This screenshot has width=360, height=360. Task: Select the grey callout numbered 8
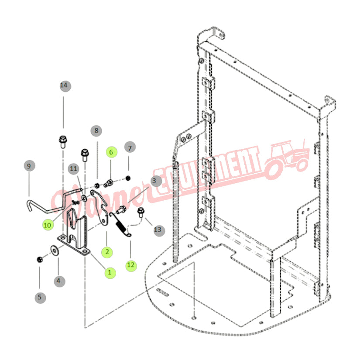[x=96, y=130]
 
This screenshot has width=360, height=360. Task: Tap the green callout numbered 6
[x=111, y=152]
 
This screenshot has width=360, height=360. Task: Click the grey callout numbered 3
[x=154, y=180]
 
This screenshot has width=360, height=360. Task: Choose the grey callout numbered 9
[x=29, y=166]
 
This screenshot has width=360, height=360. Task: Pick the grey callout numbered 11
[x=73, y=168]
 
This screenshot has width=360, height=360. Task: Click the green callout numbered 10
[x=48, y=225]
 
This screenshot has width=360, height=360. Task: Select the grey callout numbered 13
[x=157, y=229]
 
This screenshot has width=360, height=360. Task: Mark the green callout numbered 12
[x=130, y=264]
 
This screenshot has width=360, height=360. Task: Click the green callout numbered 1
[x=110, y=272]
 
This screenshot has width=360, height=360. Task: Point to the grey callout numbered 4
[x=59, y=281]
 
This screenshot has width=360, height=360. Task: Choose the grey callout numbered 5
[x=40, y=298]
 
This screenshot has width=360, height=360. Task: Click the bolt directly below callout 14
[x=62, y=142]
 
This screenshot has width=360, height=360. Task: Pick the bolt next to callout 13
[x=141, y=213]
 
